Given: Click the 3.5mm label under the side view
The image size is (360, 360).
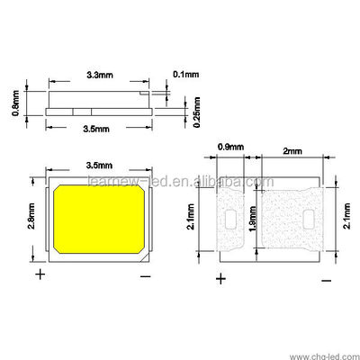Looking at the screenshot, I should click(96, 129).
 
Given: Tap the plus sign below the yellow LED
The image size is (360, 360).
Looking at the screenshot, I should click(40, 273).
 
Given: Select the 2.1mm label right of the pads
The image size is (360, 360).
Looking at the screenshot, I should click(347, 216).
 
